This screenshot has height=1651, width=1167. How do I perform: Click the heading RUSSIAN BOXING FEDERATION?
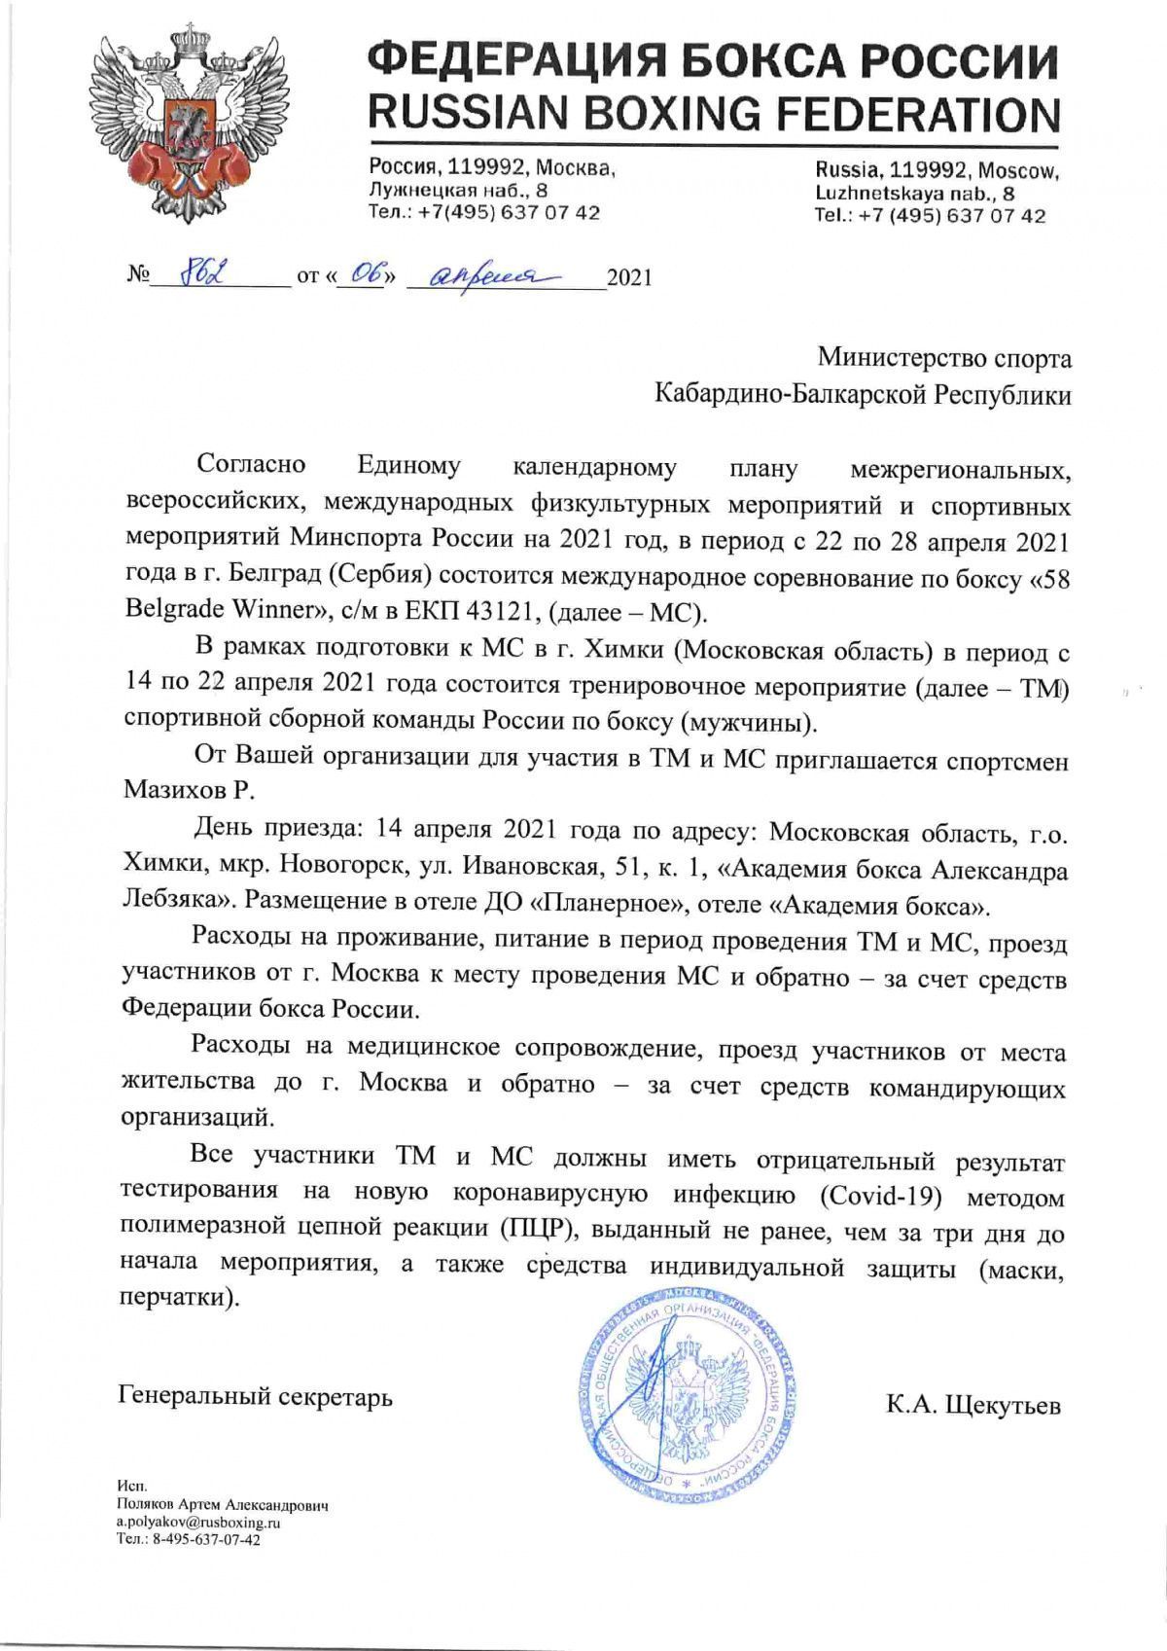coord(713,114)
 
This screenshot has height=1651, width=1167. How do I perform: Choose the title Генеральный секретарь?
coord(256,1396)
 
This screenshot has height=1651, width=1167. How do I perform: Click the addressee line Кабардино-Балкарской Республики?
coord(863,395)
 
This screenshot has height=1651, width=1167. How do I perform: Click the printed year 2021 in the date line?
coord(628,277)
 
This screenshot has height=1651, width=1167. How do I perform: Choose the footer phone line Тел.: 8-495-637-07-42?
coord(188,1538)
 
